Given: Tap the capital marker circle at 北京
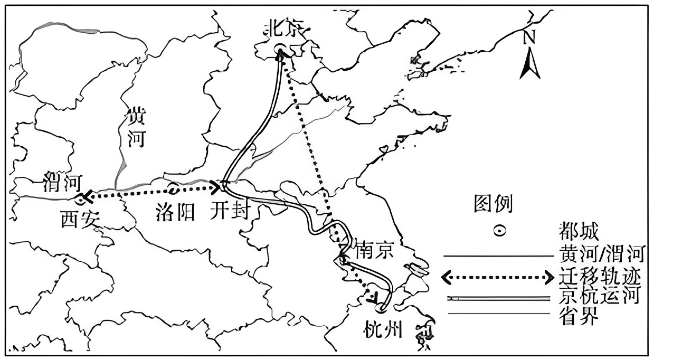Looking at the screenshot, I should click(x=280, y=50).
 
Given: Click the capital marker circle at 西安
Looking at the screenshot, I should click(x=80, y=199).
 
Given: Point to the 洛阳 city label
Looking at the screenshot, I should click(x=176, y=212).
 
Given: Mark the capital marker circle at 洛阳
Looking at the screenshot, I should click(x=174, y=188).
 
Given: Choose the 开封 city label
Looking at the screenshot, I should click(x=228, y=212).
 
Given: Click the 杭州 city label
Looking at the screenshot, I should click(x=383, y=330).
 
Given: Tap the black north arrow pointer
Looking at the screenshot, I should click(x=529, y=64).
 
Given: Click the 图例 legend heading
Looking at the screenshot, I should click(x=492, y=203).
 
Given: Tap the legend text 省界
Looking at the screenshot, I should click(x=578, y=316).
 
